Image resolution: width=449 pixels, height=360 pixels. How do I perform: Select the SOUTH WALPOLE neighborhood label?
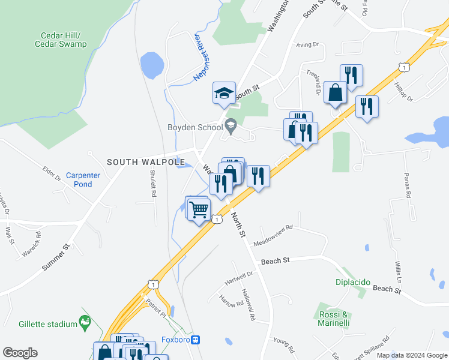click(x=142, y=162)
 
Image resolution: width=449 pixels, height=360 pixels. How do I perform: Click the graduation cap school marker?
click(x=223, y=94)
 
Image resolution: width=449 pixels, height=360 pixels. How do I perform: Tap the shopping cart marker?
click(x=198, y=209)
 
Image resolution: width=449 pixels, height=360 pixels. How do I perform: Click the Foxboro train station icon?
click(x=195, y=340)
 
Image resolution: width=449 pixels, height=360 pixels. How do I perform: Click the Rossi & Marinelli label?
click(x=334, y=319)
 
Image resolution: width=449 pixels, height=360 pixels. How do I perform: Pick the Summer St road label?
click(x=57, y=257)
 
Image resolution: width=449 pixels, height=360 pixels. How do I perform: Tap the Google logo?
click(x=20, y=353)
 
